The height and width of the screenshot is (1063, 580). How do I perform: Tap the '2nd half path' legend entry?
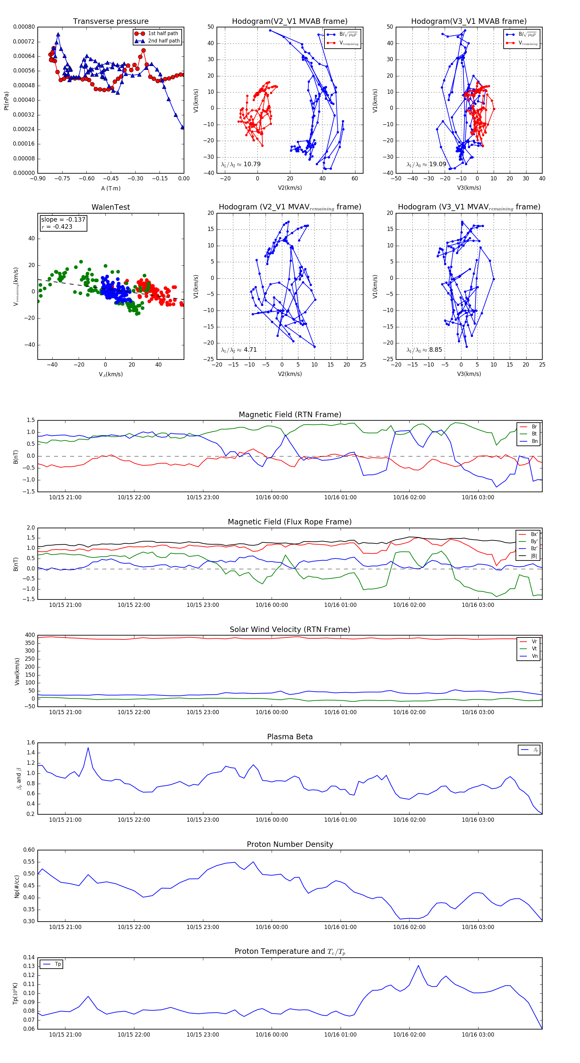click(x=163, y=41)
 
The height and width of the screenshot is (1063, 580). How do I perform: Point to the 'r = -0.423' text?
click(x=57, y=226)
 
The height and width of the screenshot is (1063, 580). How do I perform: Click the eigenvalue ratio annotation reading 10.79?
click(x=241, y=164)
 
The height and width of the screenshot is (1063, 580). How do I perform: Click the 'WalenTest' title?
click(x=111, y=207)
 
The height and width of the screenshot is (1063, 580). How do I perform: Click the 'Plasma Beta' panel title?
click(x=290, y=737)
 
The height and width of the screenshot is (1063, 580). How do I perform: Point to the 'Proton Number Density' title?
click(x=290, y=844)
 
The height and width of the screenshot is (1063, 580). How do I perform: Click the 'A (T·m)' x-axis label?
click(x=111, y=188)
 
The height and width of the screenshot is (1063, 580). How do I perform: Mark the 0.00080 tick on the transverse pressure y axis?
click(x=24, y=27)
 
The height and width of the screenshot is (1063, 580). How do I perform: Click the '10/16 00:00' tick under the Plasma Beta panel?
click(x=272, y=820)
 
